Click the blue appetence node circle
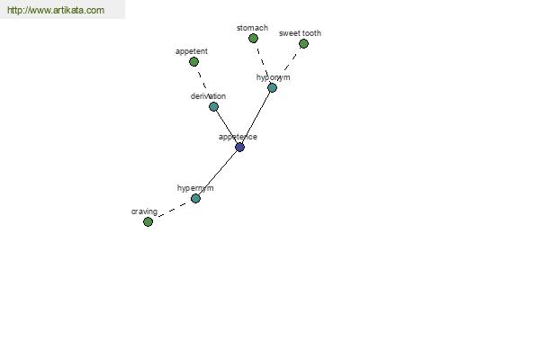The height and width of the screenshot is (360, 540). [239, 148]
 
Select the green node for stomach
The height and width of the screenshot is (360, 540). [253, 38]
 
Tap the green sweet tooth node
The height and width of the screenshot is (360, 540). [303, 44]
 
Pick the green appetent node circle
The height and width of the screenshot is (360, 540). [193, 62]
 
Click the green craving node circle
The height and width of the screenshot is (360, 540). [148, 222]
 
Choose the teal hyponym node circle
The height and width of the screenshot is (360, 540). [272, 88]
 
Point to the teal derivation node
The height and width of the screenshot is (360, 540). [213, 107]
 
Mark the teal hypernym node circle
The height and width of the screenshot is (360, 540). [195, 198]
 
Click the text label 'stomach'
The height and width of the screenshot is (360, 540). [252, 28]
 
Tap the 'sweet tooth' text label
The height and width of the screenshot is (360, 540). [300, 33]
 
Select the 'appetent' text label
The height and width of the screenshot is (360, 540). [192, 51]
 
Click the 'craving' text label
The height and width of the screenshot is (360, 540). [144, 211]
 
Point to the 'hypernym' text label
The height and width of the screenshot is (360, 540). [195, 188]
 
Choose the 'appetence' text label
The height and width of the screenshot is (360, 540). [238, 137]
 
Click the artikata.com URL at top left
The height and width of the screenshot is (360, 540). [56, 10]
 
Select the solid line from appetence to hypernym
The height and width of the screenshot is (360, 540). [218, 173]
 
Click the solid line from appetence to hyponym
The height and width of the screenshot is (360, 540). [256, 118]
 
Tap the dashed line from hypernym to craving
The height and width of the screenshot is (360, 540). [172, 210]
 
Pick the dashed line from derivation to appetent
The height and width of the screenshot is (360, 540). [203, 84]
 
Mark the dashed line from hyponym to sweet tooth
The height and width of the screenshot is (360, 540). [288, 66]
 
